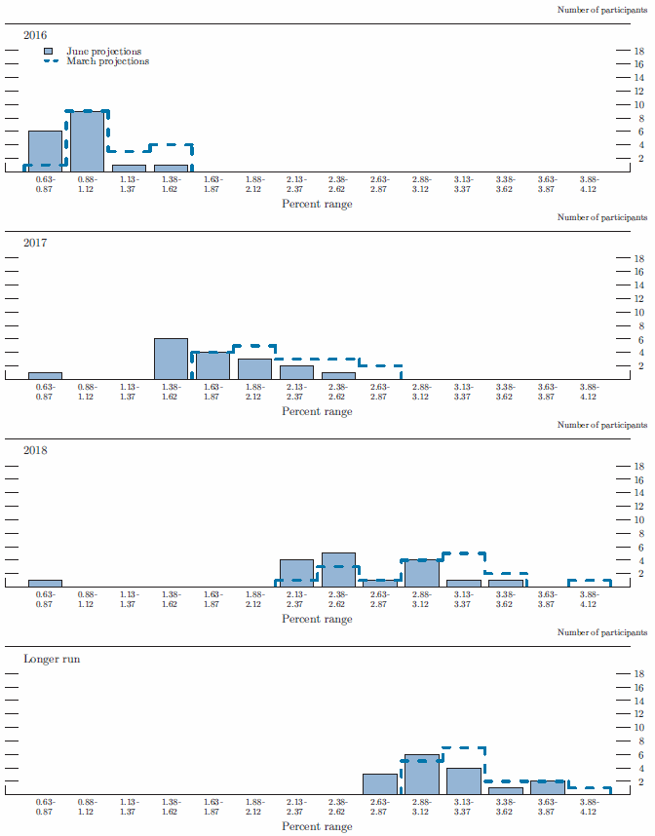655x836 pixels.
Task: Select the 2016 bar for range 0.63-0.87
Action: point(45,151)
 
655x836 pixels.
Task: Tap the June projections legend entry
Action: point(103,51)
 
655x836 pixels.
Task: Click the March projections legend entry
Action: point(107,61)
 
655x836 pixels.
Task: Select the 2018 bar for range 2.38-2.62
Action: point(338,570)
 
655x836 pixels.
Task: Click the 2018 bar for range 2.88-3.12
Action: point(421,573)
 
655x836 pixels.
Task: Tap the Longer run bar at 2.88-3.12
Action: point(421,775)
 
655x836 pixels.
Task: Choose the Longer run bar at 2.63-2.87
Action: point(379,784)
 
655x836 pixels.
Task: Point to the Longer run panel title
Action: point(52,659)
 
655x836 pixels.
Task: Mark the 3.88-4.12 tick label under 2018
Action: point(589,598)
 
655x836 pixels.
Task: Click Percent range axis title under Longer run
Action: point(317,827)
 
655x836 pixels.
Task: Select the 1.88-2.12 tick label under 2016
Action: point(254,183)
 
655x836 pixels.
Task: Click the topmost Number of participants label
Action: point(601,10)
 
